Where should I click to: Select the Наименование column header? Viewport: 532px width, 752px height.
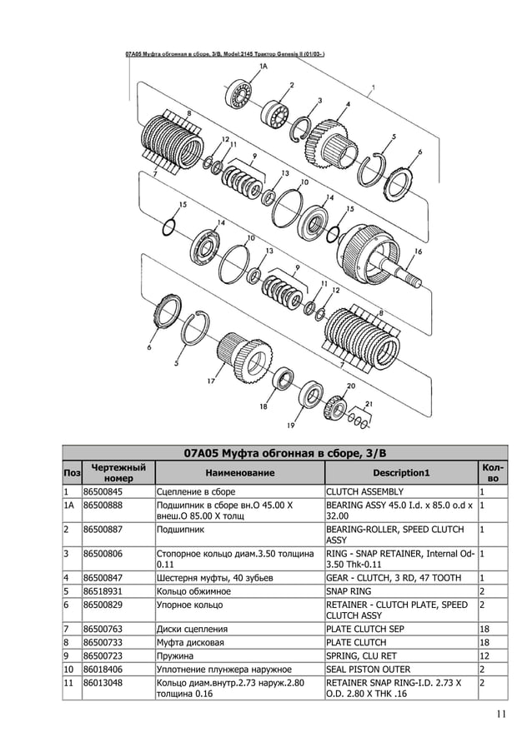(x=239, y=473)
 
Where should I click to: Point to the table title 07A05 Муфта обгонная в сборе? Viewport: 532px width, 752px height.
(x=284, y=454)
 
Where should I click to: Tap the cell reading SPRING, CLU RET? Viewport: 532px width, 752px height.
(x=359, y=655)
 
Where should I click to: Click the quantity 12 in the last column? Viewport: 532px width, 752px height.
(x=484, y=655)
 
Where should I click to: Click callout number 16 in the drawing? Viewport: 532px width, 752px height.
(x=417, y=251)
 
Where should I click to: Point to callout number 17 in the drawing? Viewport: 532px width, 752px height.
(x=211, y=381)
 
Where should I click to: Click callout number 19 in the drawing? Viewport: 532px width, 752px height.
(x=290, y=426)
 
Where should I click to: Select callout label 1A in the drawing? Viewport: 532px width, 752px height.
(x=263, y=64)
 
